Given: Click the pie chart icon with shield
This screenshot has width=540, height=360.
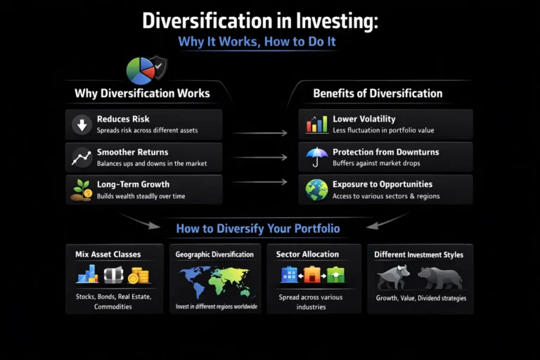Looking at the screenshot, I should click(146, 70).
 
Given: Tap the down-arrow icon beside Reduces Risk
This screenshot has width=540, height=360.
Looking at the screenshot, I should click(82, 125).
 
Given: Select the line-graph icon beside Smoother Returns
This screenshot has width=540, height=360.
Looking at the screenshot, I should click(82, 158).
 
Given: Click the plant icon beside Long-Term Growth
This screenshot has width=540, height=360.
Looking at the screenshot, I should click(82, 191).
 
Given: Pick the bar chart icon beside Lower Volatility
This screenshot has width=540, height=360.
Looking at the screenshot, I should click(317, 124).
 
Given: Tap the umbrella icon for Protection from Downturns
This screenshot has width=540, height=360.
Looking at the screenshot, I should click(317, 157).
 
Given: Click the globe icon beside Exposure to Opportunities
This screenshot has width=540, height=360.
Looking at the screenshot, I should click(317, 190).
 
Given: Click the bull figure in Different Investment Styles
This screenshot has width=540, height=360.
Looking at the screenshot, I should click(393, 276).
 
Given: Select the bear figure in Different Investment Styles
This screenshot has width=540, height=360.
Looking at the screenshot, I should click(440, 277).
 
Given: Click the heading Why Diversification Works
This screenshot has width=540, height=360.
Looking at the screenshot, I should click(142, 94).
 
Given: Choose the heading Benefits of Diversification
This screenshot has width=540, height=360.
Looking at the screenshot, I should click(378, 94).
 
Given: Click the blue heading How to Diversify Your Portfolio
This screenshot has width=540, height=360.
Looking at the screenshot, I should click(258, 229).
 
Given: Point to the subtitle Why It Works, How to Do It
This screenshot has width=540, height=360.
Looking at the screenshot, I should click(257, 41).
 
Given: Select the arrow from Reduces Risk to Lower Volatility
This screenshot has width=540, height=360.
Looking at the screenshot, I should click(259, 132).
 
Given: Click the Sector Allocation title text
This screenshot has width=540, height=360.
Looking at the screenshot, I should click(307, 254).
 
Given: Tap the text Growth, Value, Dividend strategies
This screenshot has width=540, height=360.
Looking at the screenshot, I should click(420, 298).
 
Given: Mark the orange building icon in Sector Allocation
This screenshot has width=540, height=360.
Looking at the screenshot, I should click(312, 275).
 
